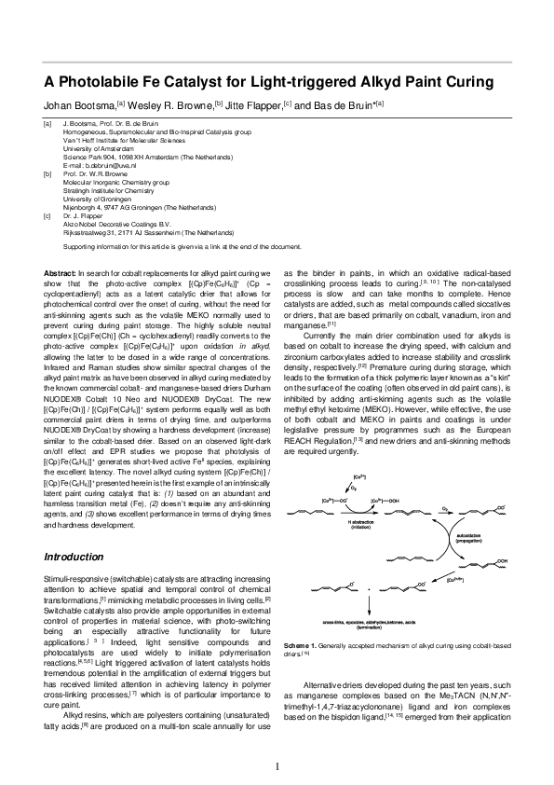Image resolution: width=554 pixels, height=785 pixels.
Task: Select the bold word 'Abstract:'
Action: click(61, 271)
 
